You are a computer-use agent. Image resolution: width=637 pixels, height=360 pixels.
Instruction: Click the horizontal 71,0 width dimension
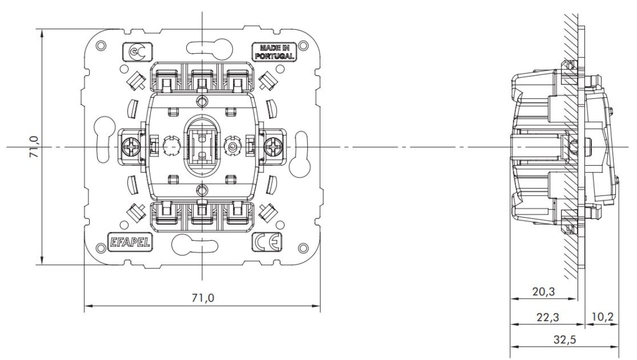(202, 297)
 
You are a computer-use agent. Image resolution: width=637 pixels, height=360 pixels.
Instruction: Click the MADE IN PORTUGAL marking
(274, 51)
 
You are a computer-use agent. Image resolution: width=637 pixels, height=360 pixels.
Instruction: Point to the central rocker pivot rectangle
(202, 145)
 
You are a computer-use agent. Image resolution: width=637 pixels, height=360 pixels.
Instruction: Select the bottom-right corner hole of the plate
(303, 247)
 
